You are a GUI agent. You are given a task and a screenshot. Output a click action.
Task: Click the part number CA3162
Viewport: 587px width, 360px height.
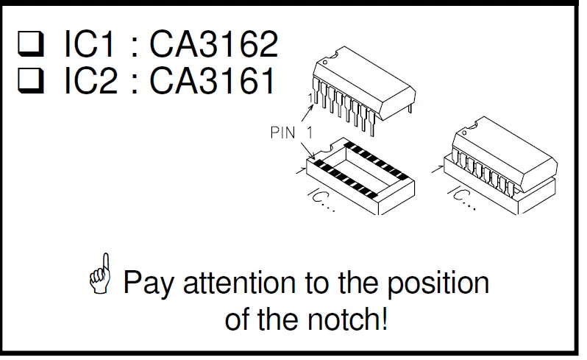coord(214,45)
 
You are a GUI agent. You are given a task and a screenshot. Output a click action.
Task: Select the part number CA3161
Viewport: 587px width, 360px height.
coord(214,82)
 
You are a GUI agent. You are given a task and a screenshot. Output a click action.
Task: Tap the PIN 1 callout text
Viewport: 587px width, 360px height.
coord(291,133)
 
